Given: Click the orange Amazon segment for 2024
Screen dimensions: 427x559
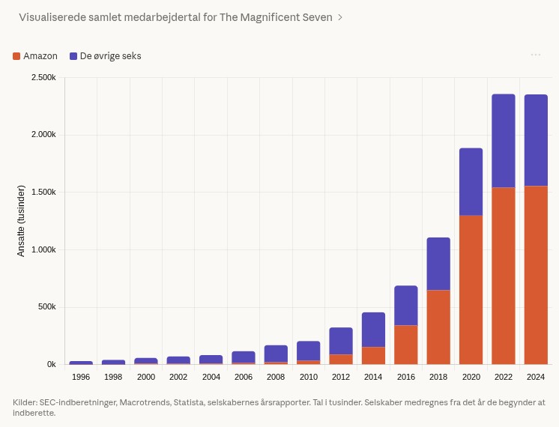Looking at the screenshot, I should point(536,275).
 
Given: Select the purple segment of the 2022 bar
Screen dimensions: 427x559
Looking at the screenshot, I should point(504,141).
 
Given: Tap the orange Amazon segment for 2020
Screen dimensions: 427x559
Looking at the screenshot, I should point(471,289).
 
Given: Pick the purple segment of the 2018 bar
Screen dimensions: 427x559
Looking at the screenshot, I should point(438,264).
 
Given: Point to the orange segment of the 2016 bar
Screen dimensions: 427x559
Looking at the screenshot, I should point(406,345).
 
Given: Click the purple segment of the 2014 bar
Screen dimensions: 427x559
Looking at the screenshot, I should point(373,330).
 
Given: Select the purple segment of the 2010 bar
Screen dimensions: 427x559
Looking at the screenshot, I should point(308,351).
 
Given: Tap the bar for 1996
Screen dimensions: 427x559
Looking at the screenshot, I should point(81,363).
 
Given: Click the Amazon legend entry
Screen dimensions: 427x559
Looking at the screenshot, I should point(35,56).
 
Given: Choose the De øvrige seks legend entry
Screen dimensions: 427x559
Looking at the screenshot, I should point(105,56).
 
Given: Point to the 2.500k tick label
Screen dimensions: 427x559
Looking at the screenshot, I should point(43,78).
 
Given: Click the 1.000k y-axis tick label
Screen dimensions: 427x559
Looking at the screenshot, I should point(43,249).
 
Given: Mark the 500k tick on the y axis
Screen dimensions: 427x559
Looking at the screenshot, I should point(46,307).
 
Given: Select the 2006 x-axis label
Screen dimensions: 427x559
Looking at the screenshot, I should point(244,377).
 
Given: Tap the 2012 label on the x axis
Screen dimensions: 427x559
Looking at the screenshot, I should point(341,377).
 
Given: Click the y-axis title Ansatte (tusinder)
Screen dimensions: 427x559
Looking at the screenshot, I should point(21,220).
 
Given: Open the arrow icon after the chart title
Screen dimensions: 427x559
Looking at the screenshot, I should point(340,16).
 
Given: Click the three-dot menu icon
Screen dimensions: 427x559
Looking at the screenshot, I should point(536,55).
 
